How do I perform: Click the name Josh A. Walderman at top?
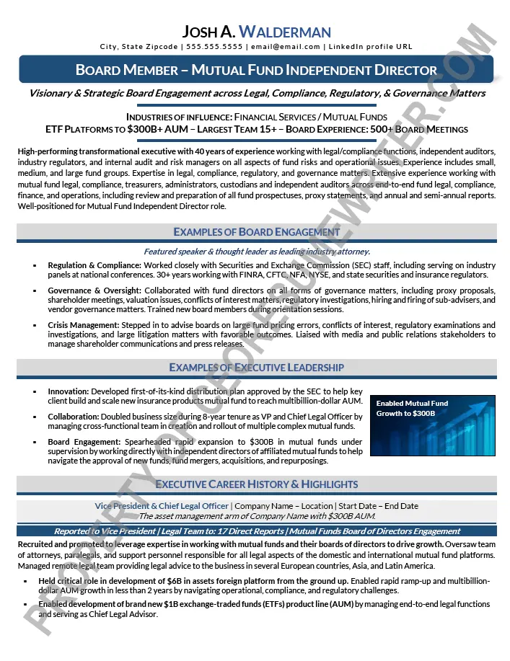click(x=256, y=31)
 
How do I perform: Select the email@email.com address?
click(x=284, y=47)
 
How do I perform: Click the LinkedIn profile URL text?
click(x=370, y=47)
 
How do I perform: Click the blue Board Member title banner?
click(x=256, y=70)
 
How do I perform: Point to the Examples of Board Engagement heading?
click(x=256, y=232)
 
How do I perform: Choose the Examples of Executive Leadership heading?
click(x=256, y=368)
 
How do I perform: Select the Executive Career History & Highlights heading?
click(x=256, y=484)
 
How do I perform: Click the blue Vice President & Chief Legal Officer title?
click(x=162, y=506)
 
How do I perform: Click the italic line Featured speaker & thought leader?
click(x=256, y=252)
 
